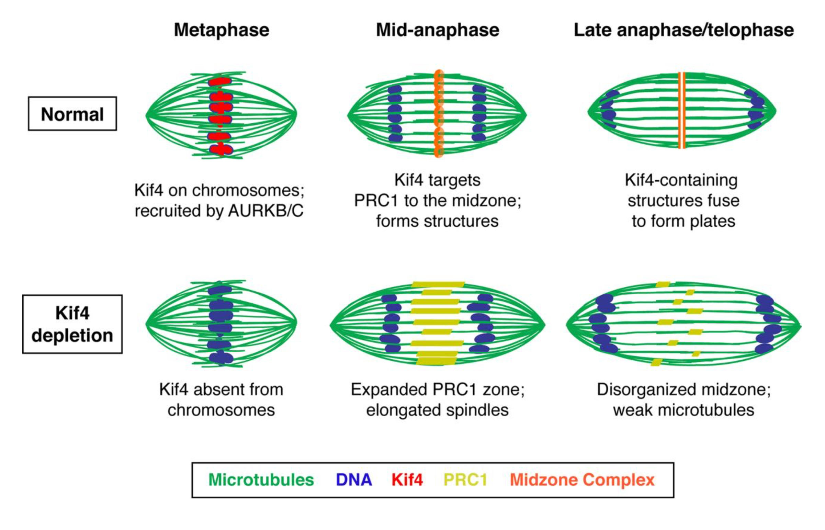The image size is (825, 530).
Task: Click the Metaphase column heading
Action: coord(222,30)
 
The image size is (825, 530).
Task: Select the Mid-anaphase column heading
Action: coord(438,30)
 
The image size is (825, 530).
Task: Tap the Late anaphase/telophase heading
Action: coord(683,30)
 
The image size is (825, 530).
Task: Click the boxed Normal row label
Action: coord(72,114)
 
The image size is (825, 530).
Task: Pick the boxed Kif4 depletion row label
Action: coord(72,324)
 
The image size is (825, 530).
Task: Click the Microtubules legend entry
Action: coord(261,480)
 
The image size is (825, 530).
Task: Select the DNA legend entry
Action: coord(354,480)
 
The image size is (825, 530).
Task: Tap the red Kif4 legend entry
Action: coord(407,480)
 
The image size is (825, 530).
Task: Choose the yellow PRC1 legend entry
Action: coord(465,480)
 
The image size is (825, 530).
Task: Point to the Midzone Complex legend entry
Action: coord(582,480)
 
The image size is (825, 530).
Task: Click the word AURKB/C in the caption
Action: coord(265,211)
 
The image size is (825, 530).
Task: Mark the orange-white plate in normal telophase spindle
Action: coord(681,110)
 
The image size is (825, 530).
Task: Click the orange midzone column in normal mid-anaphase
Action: coord(438,114)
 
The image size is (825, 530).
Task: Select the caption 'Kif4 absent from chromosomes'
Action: coord(221,399)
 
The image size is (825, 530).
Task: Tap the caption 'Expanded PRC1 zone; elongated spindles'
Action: coord(437,399)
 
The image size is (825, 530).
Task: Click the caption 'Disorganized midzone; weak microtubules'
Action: coord(683,399)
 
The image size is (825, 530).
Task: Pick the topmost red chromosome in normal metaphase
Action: coord(219,81)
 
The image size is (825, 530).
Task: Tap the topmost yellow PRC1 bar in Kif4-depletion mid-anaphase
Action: coord(438,285)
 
